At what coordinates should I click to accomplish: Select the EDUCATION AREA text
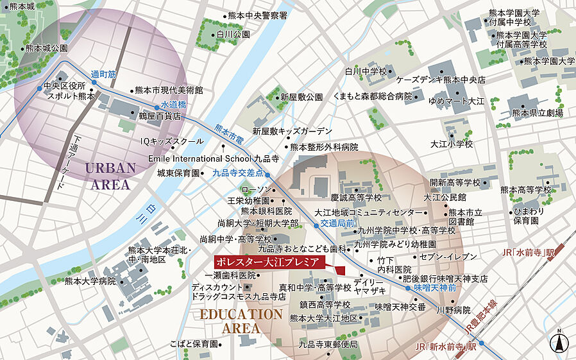pyautogui.click(x=241, y=321)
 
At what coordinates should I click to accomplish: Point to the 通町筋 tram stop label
pyautogui.click(x=103, y=74)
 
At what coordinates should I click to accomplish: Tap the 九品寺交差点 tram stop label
pyautogui.click(x=238, y=173)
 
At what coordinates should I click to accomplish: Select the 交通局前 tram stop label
pyautogui.click(x=337, y=223)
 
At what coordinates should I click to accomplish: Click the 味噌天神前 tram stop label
pyautogui.click(x=434, y=288)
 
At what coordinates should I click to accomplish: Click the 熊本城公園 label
pyautogui.click(x=46, y=48)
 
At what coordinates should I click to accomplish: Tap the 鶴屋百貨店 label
pyautogui.click(x=160, y=117)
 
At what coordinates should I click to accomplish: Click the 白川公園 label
pyautogui.click(x=233, y=35)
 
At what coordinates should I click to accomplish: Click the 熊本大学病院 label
pyautogui.click(x=90, y=280)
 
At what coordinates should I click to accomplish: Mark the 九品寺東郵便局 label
pyautogui.click(x=328, y=344)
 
